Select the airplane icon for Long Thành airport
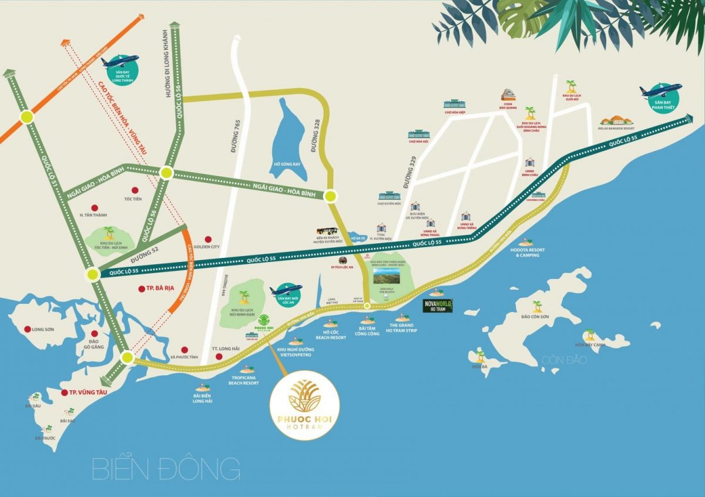click(120, 62)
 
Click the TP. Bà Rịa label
click(153, 288)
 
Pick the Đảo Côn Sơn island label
click(535, 317)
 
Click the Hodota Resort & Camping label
click(527, 253)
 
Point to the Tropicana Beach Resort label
click(244, 380)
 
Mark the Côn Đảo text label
click(564, 360)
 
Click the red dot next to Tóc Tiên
click(135, 190)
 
